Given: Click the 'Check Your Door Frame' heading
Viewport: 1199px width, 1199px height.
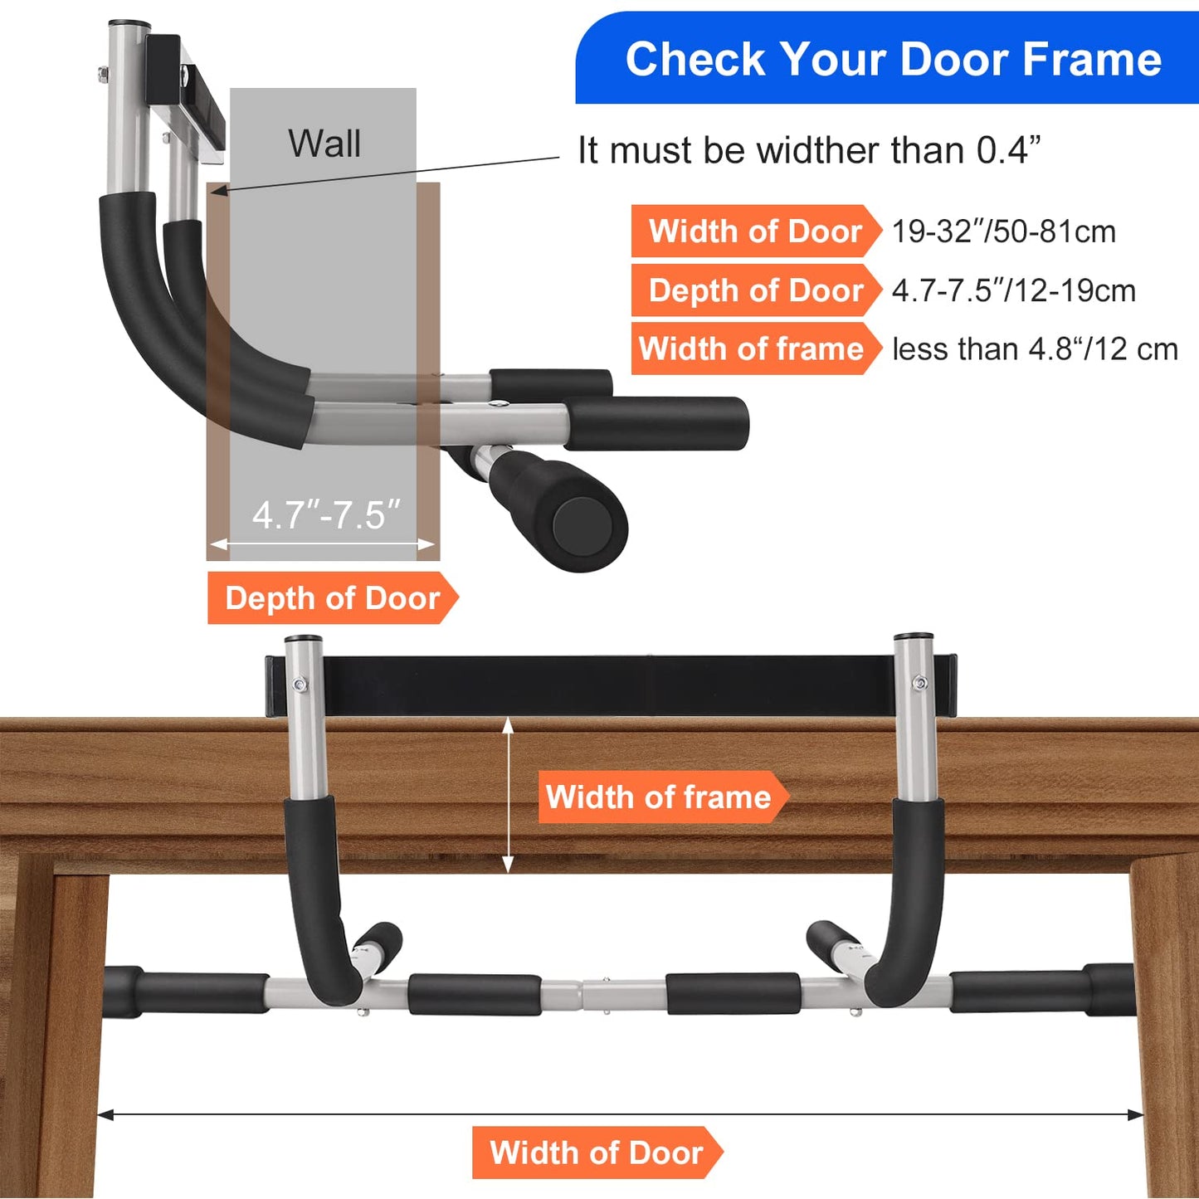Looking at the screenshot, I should click(893, 60).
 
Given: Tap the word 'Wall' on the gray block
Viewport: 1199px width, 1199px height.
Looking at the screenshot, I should click(324, 144).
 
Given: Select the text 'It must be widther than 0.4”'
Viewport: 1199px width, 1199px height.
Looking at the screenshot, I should click(809, 151).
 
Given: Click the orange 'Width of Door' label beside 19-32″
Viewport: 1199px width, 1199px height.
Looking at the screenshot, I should click(755, 232).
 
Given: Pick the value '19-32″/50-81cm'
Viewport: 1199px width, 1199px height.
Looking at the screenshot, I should click(1003, 232).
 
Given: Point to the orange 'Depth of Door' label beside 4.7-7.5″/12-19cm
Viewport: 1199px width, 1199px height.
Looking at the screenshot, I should click(755, 290).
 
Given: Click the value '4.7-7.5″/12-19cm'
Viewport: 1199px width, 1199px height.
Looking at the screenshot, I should click(1013, 290).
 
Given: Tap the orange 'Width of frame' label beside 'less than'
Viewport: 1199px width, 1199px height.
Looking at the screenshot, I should click(752, 349).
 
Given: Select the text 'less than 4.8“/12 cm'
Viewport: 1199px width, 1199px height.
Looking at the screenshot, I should click(1035, 349).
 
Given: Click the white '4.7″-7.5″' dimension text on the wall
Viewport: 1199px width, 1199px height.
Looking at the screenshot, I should click(326, 515).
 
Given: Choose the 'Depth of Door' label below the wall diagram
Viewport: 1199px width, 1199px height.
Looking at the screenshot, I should click(332, 598).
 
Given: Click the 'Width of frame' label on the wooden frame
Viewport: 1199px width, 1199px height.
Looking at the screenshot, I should click(659, 797).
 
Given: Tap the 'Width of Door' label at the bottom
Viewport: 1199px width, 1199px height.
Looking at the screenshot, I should click(596, 1153).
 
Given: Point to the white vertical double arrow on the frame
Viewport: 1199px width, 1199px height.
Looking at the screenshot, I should click(508, 796).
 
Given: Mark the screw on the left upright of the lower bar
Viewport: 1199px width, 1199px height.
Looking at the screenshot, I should click(300, 685).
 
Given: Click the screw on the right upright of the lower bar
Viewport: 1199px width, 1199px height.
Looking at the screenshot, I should click(919, 683).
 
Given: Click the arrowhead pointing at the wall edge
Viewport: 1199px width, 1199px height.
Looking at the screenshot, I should click(217, 191).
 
